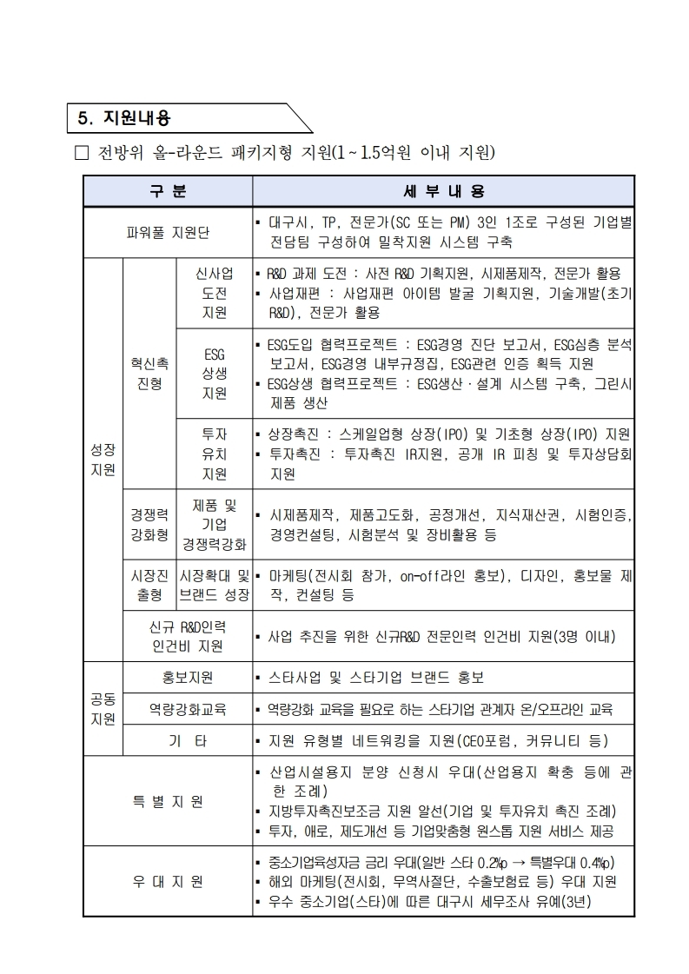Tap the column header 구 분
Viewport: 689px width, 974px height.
pyautogui.click(x=168, y=190)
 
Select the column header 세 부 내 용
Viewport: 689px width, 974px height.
pyautogui.click(x=443, y=190)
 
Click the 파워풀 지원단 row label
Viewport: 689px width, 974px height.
pyautogui.click(x=168, y=232)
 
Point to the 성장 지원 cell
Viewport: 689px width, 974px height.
pyautogui.click(x=103, y=460)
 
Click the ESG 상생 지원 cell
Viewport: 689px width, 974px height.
pyautogui.click(x=214, y=374)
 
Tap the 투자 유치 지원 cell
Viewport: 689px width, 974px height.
pyautogui.click(x=214, y=454)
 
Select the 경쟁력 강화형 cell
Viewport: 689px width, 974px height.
pyautogui.click(x=149, y=525)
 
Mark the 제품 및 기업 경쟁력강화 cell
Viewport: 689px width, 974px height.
pyautogui.click(x=214, y=525)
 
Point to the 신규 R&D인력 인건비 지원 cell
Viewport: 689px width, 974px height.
pyautogui.click(x=188, y=636)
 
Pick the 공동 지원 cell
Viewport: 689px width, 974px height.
pyautogui.click(x=103, y=709)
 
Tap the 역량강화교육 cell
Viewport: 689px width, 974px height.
pyautogui.click(x=188, y=709)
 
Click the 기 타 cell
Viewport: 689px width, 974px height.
pyautogui.click(x=188, y=741)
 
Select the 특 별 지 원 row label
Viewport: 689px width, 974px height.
pyautogui.click(x=168, y=801)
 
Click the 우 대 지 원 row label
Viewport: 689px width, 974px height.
pyautogui.click(x=168, y=882)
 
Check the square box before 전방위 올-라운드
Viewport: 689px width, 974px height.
pyautogui.click(x=83, y=155)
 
